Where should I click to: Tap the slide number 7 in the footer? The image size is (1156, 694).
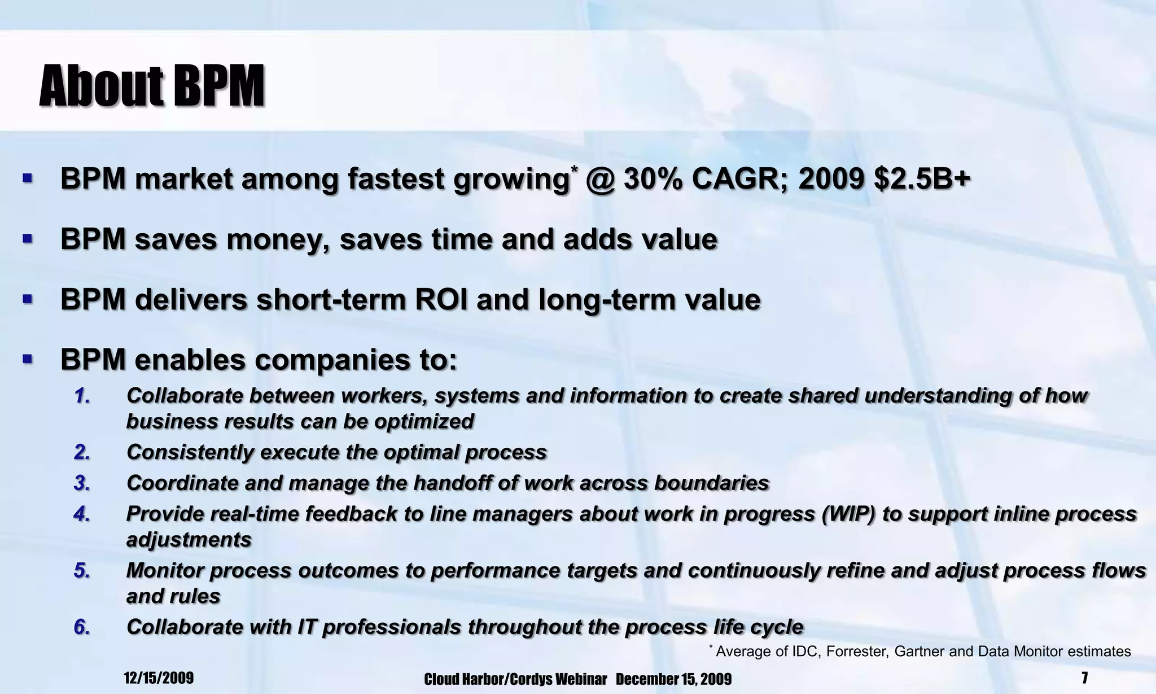(x=1084, y=678)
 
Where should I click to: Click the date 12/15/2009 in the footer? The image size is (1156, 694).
(x=159, y=678)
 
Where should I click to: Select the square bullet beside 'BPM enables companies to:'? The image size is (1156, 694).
(x=27, y=359)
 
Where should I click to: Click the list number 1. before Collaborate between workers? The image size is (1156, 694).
(x=82, y=396)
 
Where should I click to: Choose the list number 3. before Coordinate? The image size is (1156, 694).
(x=82, y=483)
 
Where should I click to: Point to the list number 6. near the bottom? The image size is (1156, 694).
(x=82, y=627)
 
